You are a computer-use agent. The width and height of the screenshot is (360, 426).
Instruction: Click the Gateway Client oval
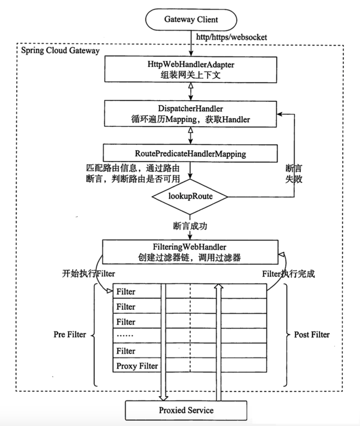pyautogui.click(x=188, y=20)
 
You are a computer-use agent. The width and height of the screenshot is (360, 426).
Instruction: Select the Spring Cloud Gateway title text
pyautogui.click(x=60, y=50)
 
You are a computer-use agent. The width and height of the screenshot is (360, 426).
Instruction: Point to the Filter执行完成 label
pyautogui.click(x=289, y=274)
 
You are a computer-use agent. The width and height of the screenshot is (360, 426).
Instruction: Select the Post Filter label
pyautogui.click(x=311, y=335)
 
